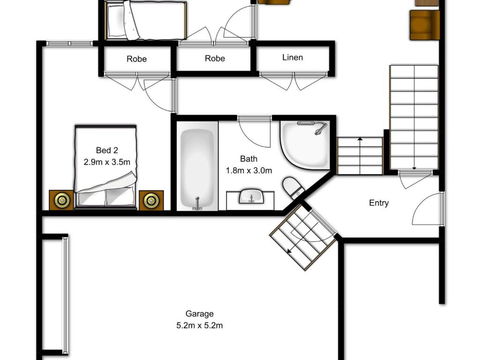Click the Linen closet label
[293, 58]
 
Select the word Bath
[249, 159]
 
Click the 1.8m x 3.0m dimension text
[249, 171]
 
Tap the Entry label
[379, 203]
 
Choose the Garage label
[200, 312]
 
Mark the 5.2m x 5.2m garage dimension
[200, 325]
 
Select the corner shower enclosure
[305, 146]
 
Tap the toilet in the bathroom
[293, 188]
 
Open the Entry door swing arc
[428, 208]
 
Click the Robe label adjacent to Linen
[216, 58]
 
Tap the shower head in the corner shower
[318, 128]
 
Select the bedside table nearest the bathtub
[151, 200]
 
